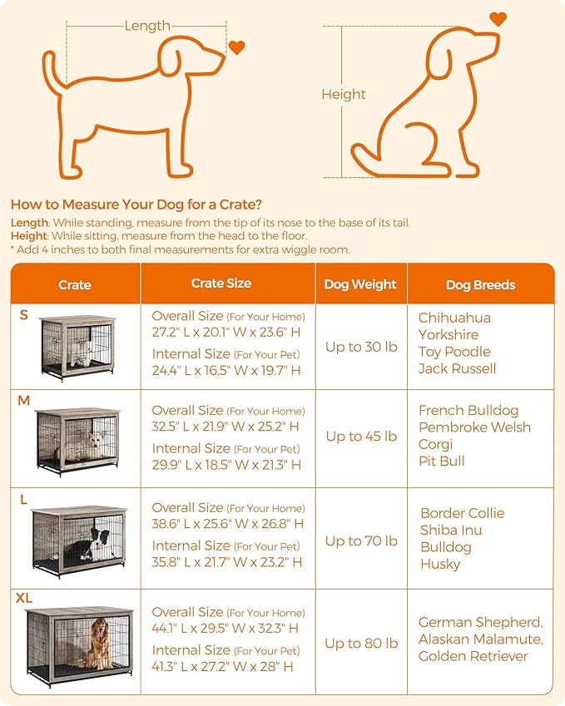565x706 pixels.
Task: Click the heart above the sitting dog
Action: coord(498,18)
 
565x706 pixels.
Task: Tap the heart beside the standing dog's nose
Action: coord(237,47)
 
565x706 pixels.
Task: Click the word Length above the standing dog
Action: coord(147,26)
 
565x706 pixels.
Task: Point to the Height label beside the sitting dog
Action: coord(344,95)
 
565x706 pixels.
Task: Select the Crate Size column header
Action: coord(221,284)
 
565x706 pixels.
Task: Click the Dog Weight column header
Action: coord(360,284)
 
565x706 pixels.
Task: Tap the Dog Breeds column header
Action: coord(480,284)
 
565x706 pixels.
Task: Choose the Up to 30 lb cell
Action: coord(361,347)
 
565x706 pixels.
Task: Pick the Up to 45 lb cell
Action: coord(361,436)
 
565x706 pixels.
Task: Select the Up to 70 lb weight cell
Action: coord(361,541)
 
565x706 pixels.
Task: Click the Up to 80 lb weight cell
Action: coord(361,643)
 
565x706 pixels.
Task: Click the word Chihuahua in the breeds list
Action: coord(454,318)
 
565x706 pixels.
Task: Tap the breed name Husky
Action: coord(440,564)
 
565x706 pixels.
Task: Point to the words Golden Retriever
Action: coord(473,656)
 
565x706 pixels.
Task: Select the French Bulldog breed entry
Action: coord(468,410)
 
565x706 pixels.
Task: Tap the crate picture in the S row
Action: coord(77,348)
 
